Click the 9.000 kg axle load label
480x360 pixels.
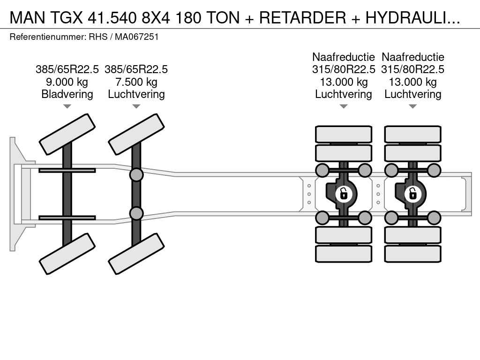[67, 82]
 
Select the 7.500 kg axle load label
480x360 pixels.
[136, 82]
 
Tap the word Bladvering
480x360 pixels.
[67, 94]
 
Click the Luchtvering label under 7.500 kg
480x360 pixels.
[136, 94]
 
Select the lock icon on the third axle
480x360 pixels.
[344, 193]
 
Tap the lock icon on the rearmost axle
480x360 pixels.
[412, 193]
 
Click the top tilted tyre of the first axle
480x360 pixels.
[67, 134]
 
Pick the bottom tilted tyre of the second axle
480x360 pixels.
[136, 254]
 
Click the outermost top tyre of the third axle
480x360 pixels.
[344, 134]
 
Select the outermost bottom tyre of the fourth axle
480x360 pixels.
[412, 254]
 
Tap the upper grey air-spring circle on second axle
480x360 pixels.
[136, 175]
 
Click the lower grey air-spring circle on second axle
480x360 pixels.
[136, 213]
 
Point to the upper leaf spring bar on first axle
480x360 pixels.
[67, 170]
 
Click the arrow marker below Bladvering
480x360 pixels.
[67, 106]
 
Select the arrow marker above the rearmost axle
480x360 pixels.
[412, 106]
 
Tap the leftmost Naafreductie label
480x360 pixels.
[344, 57]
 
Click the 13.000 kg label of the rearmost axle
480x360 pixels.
[412, 82]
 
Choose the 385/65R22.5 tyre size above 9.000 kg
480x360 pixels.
[67, 69]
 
